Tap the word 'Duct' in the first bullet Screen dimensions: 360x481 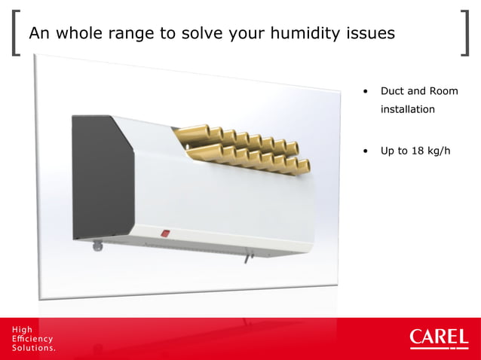click(393, 91)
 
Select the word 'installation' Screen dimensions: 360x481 click(407, 109)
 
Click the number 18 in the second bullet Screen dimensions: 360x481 click(418, 150)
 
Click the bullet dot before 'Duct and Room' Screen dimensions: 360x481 click(366, 92)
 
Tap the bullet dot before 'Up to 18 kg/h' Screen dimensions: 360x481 click(366, 151)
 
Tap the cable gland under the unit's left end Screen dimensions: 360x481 click(97, 243)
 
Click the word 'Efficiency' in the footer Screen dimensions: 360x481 click(32, 339)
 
